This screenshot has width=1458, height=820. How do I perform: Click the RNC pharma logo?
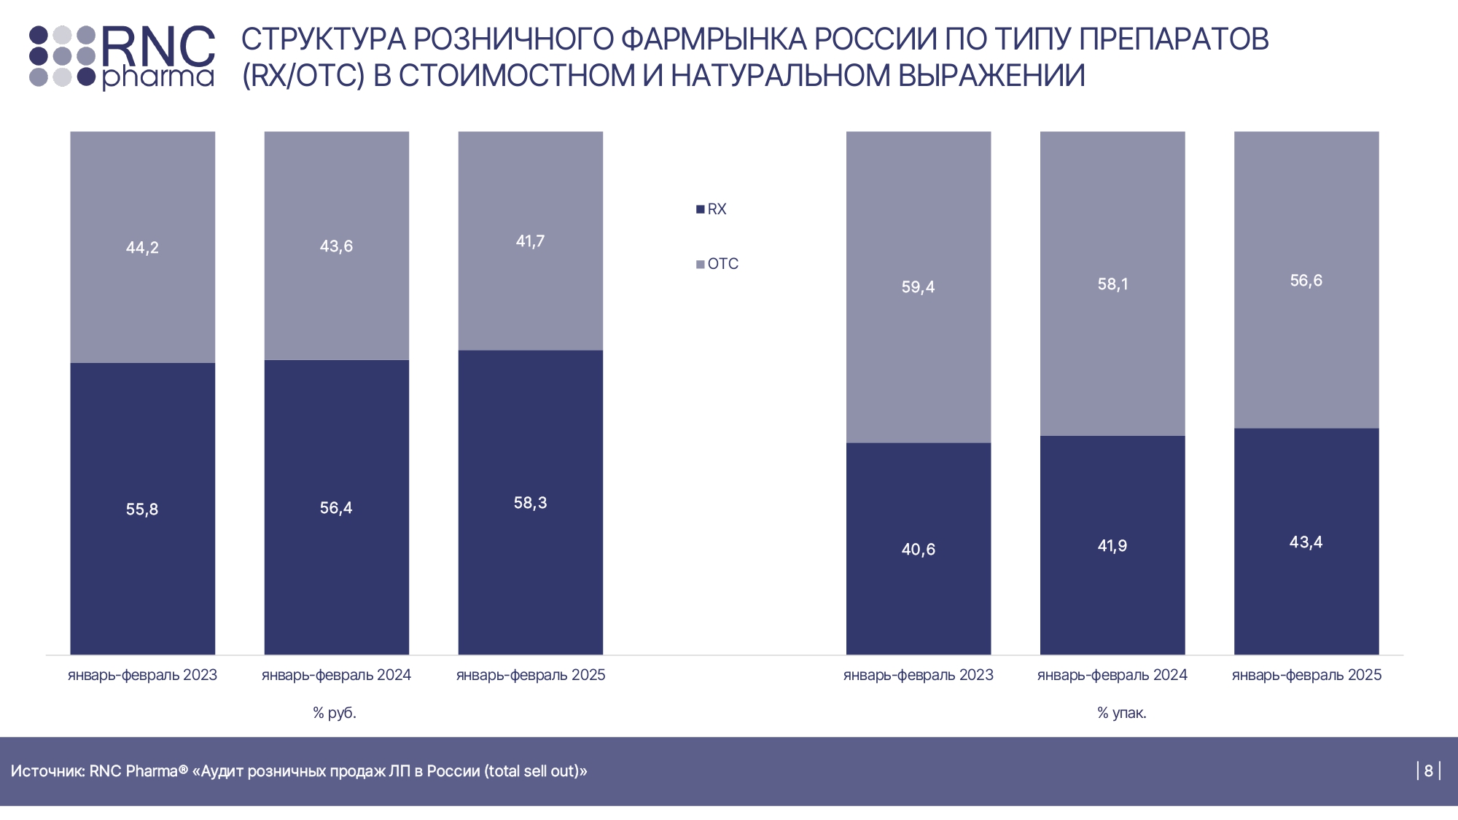coord(122,57)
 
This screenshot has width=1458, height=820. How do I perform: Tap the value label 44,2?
coord(142,248)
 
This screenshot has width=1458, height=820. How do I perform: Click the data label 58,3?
coord(530,503)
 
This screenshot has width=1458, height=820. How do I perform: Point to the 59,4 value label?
coord(918,287)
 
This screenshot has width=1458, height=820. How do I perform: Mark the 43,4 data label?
coord(1306,542)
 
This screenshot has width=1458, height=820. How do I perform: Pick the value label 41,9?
coord(1112,546)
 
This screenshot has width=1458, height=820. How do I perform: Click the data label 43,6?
coord(336,246)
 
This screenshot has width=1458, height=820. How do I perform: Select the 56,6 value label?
coord(1306,281)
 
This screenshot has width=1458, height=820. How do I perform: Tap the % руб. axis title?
coord(335,713)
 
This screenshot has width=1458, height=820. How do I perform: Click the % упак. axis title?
coord(1122,713)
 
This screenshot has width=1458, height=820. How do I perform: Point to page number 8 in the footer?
coord(1428,771)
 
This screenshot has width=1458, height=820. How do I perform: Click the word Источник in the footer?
coord(47,771)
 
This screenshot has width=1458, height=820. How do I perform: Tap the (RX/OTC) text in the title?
coord(303,76)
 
